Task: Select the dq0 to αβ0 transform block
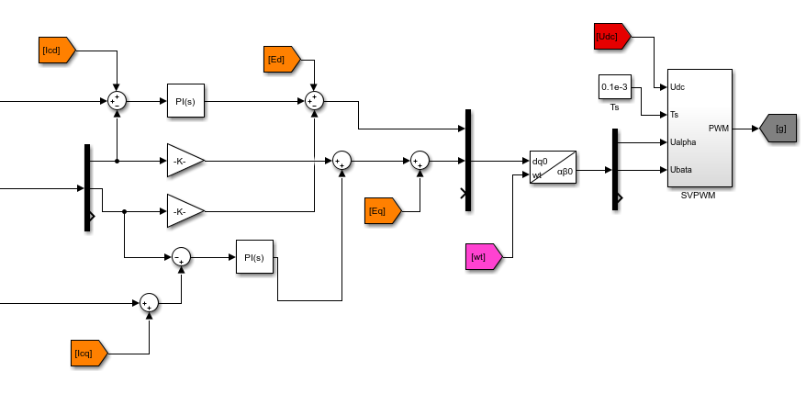(x=553, y=167)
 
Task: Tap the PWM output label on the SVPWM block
(x=718, y=129)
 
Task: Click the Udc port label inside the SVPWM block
(x=678, y=87)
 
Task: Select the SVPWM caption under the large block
(x=699, y=195)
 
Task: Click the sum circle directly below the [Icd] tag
(x=117, y=100)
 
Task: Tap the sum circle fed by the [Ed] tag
(x=314, y=100)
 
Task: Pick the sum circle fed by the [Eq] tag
(x=420, y=161)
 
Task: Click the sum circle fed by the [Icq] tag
(x=149, y=303)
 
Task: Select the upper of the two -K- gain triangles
(x=185, y=161)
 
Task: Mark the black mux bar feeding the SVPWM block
(x=615, y=169)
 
